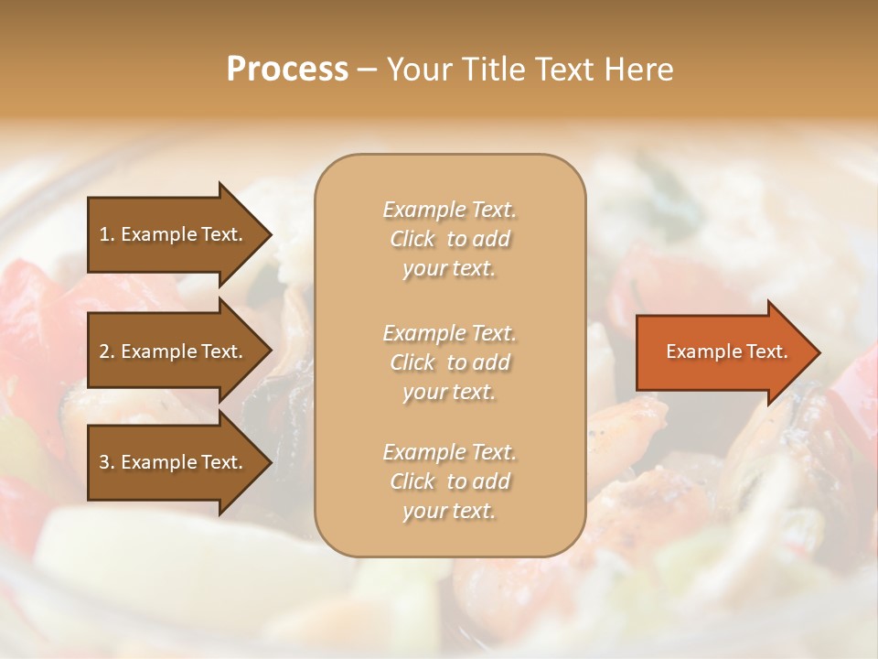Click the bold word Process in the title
287,70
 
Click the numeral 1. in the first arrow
107,234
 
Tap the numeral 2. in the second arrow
107,351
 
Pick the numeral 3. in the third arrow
107,462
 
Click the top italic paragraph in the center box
449,239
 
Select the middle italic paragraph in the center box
449,362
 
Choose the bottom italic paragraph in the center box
449,481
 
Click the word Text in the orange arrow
767,351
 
